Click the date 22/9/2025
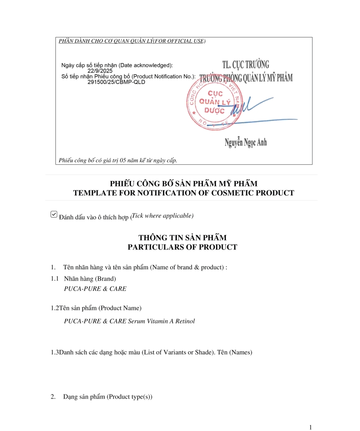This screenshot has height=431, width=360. point(100,71)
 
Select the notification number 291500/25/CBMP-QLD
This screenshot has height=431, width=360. point(116,82)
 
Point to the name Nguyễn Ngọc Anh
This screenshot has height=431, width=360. point(246,143)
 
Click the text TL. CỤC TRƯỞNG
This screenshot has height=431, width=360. point(246,64)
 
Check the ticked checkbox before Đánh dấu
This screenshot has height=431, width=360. point(54,215)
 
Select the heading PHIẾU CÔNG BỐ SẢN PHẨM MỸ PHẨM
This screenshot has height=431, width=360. point(184,183)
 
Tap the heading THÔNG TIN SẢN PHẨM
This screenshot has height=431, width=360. point(182,237)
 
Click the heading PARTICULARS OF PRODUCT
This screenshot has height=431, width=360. point(182,247)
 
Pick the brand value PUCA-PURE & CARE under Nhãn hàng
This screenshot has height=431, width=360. point(95,289)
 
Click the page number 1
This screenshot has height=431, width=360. point(310,427)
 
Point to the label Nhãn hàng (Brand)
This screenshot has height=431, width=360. point(90,278)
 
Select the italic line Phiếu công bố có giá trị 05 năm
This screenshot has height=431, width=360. point(118,160)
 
